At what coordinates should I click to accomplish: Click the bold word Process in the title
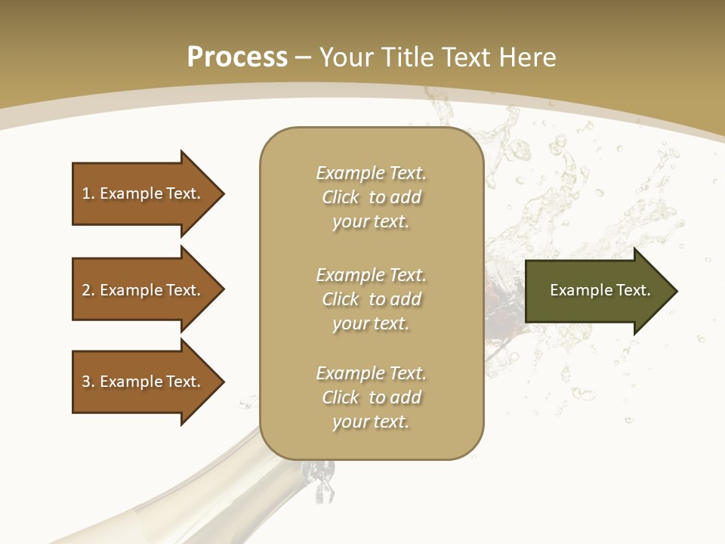[x=237, y=57]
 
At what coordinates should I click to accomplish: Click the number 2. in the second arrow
[x=88, y=290]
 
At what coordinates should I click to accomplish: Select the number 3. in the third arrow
[x=88, y=382]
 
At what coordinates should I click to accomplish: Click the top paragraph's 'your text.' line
[x=371, y=222]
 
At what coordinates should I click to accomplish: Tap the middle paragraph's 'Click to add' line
[x=371, y=299]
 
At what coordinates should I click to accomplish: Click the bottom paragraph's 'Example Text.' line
[x=371, y=373]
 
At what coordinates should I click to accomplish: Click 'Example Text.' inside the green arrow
[x=600, y=290]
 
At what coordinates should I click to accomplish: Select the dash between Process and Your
[x=304, y=57]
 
